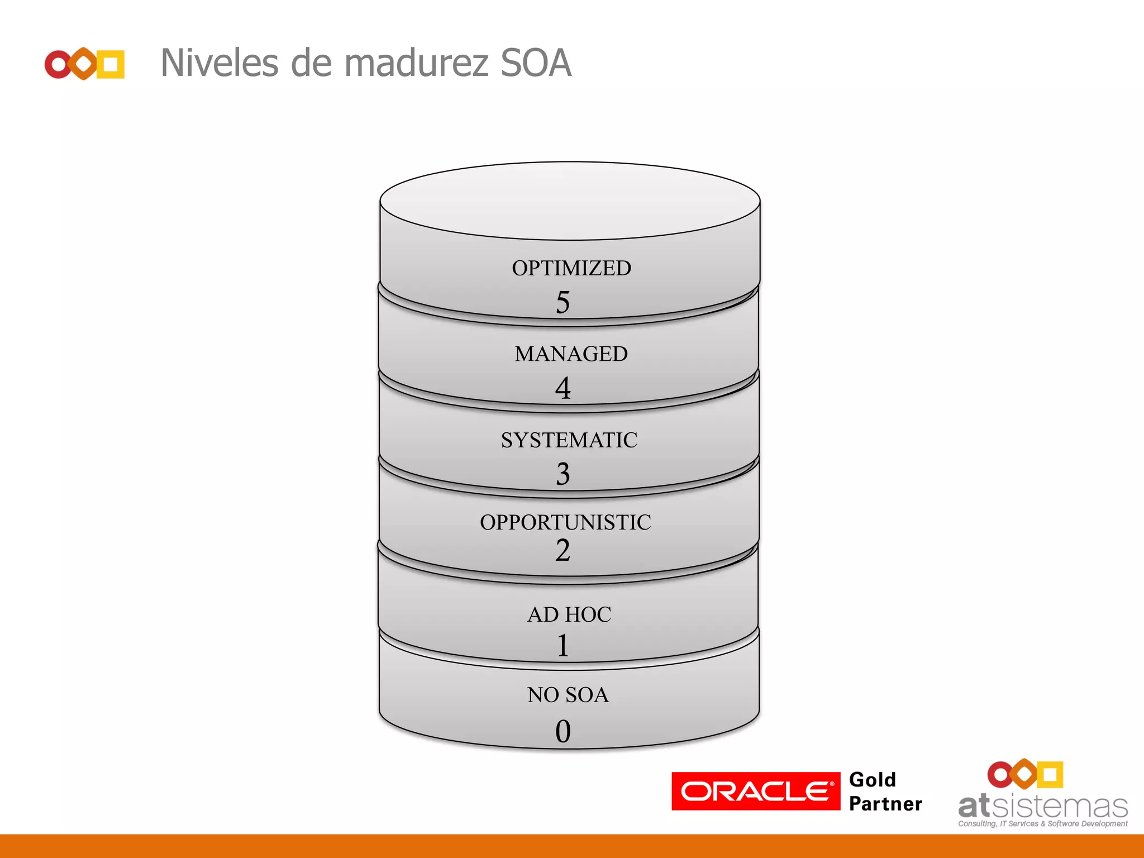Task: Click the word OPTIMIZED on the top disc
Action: (x=571, y=268)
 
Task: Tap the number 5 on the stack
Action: (x=563, y=302)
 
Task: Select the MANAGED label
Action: (x=571, y=354)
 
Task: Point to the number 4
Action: (x=563, y=388)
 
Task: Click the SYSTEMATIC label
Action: (x=569, y=440)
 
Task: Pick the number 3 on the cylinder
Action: (x=563, y=474)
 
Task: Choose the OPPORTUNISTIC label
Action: (x=565, y=522)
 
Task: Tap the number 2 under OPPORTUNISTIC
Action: (x=563, y=550)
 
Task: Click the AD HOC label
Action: (x=569, y=614)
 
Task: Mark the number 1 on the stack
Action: (x=563, y=646)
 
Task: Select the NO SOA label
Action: (x=568, y=695)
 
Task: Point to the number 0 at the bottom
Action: (x=563, y=731)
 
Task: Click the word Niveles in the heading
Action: (x=219, y=63)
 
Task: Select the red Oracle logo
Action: (x=755, y=791)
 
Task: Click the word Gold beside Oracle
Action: (x=872, y=780)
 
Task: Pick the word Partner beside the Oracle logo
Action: (x=885, y=804)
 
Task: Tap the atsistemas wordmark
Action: (x=1042, y=807)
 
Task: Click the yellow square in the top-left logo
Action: (x=111, y=64)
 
